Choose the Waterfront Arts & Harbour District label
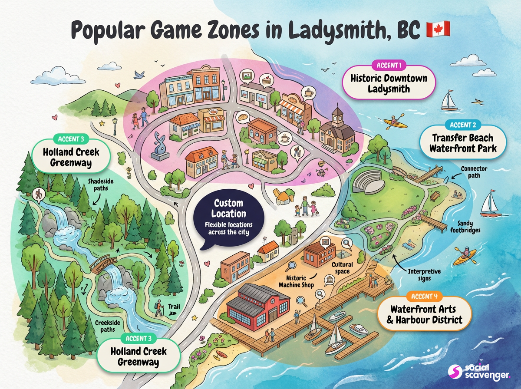425,315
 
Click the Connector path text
474,172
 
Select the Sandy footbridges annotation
468,226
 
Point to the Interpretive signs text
424,274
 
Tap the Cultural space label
342,267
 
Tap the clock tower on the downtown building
337,117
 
